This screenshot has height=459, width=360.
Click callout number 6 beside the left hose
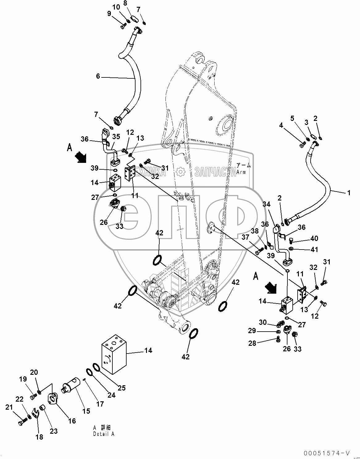pyautogui.click(x=98, y=76)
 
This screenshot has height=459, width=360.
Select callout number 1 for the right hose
pyautogui.click(x=349, y=193)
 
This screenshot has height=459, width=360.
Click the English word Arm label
pyautogui.click(x=241, y=172)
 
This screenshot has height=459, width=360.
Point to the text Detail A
pyautogui.click(x=104, y=434)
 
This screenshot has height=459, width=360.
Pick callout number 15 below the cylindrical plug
pyautogui.click(x=86, y=411)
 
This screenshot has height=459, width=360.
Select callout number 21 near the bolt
pyautogui.click(x=9, y=407)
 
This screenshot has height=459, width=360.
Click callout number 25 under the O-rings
pyautogui.click(x=122, y=388)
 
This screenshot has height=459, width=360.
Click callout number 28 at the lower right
pyautogui.click(x=252, y=343)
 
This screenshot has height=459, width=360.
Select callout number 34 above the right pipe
pyautogui.click(x=267, y=204)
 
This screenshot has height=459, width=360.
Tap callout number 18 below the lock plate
pyautogui.click(x=40, y=437)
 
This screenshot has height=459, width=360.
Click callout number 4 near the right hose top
pyautogui.click(x=281, y=125)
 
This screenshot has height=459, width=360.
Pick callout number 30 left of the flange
pyautogui.click(x=262, y=322)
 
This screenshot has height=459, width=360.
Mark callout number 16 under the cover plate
pyautogui.click(x=72, y=421)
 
